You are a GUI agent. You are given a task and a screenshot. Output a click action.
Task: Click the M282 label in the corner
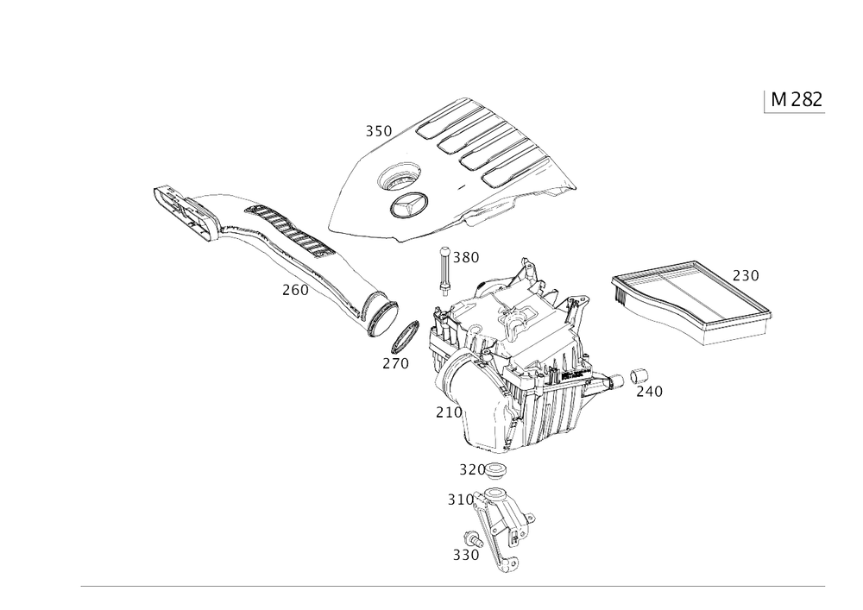(x=795, y=100)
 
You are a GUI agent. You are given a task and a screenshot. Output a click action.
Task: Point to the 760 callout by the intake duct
(x=293, y=292)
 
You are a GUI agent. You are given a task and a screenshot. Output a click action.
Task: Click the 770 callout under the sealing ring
(x=394, y=364)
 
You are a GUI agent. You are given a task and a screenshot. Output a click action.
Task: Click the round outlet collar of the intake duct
(x=379, y=310)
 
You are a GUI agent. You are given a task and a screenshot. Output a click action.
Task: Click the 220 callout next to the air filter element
(x=746, y=276)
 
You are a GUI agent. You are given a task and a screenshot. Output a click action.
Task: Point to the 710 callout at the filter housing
(x=446, y=412)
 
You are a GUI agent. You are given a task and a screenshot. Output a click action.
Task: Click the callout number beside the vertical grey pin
(x=467, y=257)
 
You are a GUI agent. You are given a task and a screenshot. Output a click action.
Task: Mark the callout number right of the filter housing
(x=652, y=392)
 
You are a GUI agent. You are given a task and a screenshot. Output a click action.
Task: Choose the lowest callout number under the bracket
(x=467, y=554)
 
